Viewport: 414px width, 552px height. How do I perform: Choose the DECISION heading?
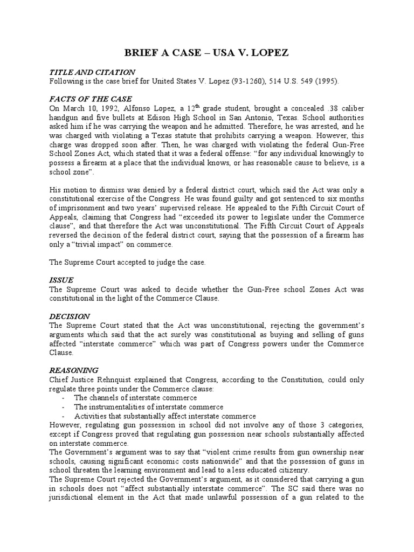[x=70, y=316]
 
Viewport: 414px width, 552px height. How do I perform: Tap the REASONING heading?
[x=74, y=370]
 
